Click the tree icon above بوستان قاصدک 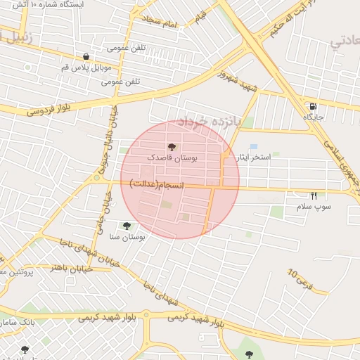click(x=172, y=147)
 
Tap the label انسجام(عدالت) click(x=156, y=184)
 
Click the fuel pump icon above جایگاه click(x=311, y=106)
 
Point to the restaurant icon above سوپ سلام click(x=314, y=195)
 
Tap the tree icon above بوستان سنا click(x=127, y=226)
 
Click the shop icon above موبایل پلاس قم click(x=86, y=58)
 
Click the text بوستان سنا click(x=127, y=238)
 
